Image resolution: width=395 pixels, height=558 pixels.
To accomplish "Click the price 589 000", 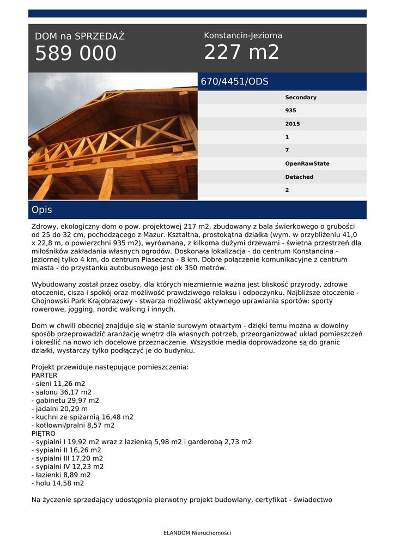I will pyautogui.click(x=76, y=53).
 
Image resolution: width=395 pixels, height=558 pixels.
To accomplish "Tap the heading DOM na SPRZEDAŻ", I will pyautogui.click(x=80, y=37).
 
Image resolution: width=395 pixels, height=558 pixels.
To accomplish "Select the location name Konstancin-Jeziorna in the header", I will pyautogui.click(x=243, y=35).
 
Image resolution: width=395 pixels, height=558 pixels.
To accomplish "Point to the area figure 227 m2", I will pyautogui.click(x=241, y=52).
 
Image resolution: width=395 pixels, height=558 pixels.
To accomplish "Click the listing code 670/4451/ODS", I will pyautogui.click(x=235, y=82).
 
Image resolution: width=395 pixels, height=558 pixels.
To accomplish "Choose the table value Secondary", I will pyautogui.click(x=301, y=98).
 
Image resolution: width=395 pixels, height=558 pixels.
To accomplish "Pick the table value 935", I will pyautogui.click(x=291, y=111).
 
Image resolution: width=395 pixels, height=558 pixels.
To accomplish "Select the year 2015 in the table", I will pyautogui.click(x=293, y=124).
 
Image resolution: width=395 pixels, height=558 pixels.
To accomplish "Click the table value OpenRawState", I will pyautogui.click(x=307, y=163).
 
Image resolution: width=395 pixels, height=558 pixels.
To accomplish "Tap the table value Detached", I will pyautogui.click(x=300, y=177).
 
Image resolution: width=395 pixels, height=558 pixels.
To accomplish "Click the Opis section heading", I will pyautogui.click(x=42, y=210).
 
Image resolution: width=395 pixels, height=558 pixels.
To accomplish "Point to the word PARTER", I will pyautogui.click(x=44, y=375).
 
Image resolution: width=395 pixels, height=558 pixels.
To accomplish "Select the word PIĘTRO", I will pyautogui.click(x=44, y=433).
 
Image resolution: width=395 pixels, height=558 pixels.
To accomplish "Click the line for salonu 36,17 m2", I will pyautogui.click(x=62, y=392).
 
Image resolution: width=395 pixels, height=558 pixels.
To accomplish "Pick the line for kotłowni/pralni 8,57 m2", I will pyautogui.click(x=73, y=425).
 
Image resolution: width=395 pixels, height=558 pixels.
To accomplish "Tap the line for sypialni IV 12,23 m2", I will pyautogui.click(x=68, y=466).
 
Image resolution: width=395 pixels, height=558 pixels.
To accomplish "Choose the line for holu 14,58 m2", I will pyautogui.click(x=58, y=483).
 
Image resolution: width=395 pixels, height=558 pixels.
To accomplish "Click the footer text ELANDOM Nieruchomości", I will pyautogui.click(x=197, y=533).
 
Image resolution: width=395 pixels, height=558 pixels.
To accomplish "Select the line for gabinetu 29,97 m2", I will pyautogui.click(x=65, y=400).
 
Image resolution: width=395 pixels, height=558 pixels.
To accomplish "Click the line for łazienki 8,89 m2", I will pyautogui.click(x=61, y=475).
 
